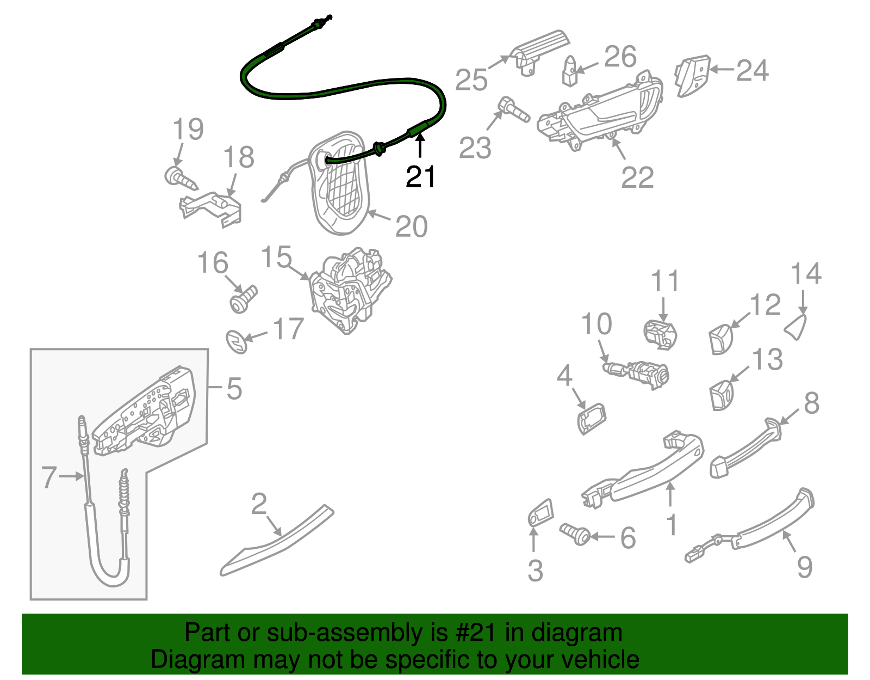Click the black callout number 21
(x=420, y=177)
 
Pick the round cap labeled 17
(x=237, y=341)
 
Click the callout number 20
(x=411, y=226)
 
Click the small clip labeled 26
(x=570, y=71)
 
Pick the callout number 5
(x=234, y=389)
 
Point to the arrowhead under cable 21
(x=419, y=139)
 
